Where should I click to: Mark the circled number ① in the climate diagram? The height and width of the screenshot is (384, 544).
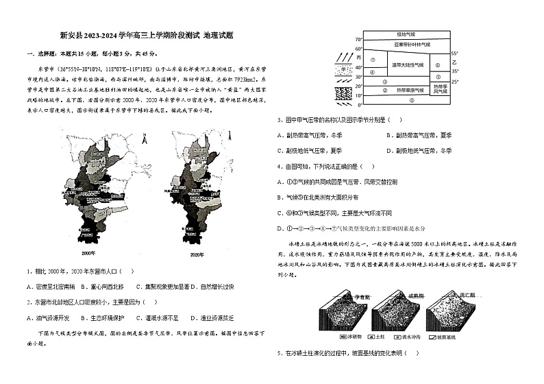(x=411, y=100)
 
